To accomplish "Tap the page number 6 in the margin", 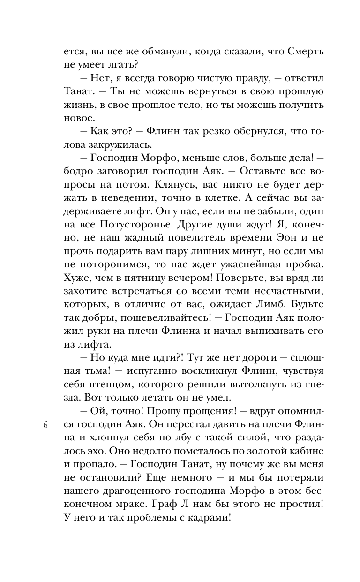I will click(45, 426).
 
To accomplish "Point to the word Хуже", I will click(76, 284).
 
